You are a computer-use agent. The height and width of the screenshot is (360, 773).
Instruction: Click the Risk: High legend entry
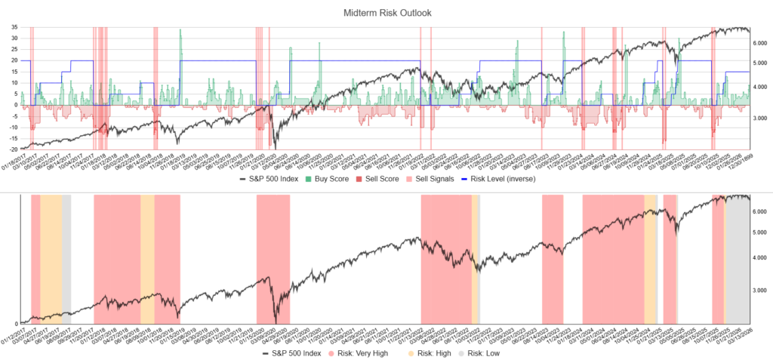coord(433,353)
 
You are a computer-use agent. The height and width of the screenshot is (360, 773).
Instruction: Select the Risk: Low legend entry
coord(488,353)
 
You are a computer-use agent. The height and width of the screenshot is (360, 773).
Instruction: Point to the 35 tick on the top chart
coord(14,27)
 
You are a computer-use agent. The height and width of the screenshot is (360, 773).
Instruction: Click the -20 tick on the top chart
coord(13,149)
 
